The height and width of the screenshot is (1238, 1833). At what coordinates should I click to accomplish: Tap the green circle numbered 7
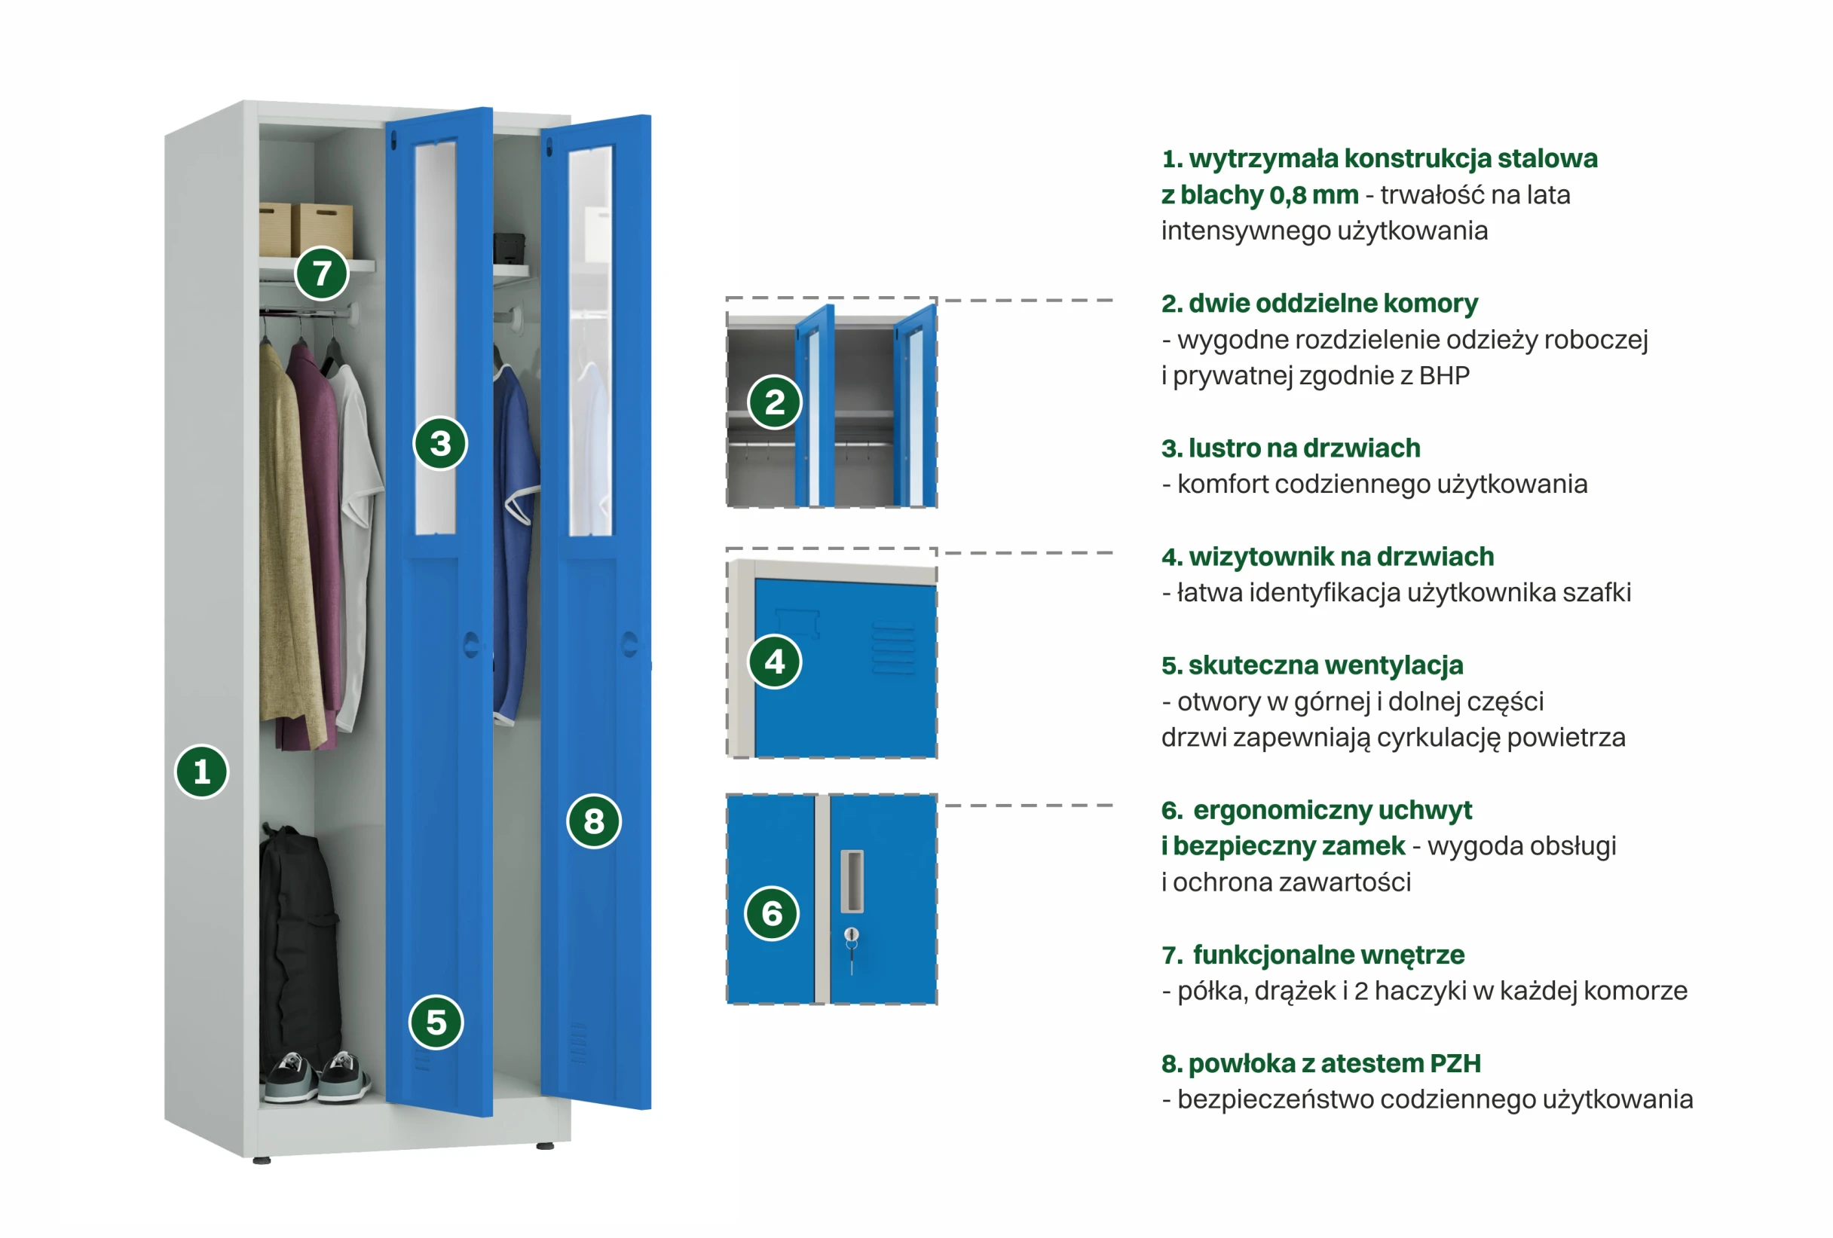tap(321, 274)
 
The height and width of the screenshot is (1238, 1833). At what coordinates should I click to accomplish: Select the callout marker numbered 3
tap(440, 443)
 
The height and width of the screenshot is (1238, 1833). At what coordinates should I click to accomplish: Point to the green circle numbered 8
tap(594, 821)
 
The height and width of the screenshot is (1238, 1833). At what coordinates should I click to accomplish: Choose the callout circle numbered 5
tap(436, 1022)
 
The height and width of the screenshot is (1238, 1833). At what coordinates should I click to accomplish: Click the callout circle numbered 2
tap(775, 402)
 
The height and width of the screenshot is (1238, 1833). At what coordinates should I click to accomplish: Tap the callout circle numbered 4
tap(775, 662)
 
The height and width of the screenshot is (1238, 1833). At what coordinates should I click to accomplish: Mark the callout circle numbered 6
tap(772, 913)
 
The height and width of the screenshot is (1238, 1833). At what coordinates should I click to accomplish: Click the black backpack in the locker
tap(298, 938)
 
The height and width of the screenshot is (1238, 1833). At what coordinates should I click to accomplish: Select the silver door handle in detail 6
tap(852, 880)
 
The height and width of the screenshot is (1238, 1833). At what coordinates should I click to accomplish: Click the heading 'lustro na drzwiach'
tap(1304, 448)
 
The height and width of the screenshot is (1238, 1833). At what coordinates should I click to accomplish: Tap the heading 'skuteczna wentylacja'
tap(1325, 665)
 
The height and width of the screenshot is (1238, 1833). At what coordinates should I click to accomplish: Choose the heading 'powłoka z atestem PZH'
tap(1334, 1063)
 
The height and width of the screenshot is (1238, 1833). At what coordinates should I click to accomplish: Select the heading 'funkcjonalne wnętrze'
tap(1328, 954)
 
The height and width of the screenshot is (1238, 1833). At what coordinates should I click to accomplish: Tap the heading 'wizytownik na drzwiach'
tap(1341, 557)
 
